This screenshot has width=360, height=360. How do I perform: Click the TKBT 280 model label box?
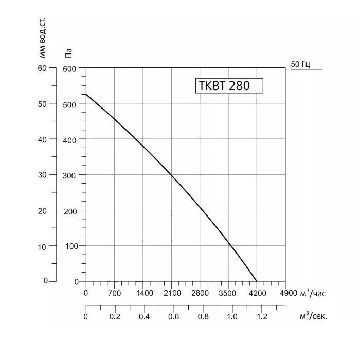pos(229,85)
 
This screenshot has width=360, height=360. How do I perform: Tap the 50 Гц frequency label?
pos(301,64)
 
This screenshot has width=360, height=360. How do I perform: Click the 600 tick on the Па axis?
pos(69,69)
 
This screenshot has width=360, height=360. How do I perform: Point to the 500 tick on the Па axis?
pos(69,104)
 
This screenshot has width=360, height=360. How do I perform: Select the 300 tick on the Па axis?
pos(69,175)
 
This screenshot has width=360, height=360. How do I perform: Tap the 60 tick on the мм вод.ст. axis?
pos(43,68)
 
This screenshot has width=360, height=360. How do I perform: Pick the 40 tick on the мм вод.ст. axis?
pos(43,139)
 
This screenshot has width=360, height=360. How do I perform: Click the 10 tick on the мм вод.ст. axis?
pos(43,246)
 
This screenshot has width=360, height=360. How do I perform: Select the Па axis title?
pos(69,51)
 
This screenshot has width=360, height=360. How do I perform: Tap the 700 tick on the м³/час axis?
pos(114,293)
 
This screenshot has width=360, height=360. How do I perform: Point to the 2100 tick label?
pos(172,293)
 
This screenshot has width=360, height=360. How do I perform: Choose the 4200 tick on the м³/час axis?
pos(257,293)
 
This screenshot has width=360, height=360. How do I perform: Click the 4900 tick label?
pos(287,293)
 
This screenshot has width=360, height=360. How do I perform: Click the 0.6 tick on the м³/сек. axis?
pos(173,316)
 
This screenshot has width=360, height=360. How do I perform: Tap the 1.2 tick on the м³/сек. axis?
pos(262,316)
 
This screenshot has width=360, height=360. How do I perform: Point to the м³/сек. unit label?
pos(313,316)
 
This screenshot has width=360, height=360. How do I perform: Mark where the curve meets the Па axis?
pos(86,94)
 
